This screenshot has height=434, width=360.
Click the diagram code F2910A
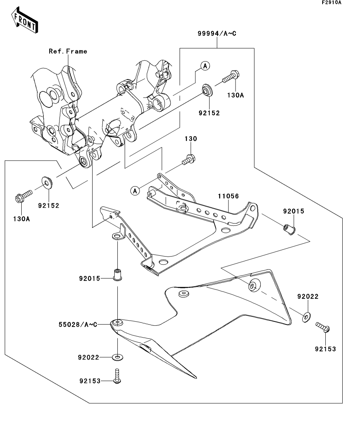[331, 3]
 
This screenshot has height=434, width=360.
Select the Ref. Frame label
[68, 51]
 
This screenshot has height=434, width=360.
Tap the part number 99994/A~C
[217, 34]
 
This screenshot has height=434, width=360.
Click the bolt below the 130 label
[189, 159]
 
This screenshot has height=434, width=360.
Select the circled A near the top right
[205, 66]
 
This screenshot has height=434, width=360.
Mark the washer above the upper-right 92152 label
[207, 90]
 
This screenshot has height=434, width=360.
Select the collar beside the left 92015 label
[117, 274]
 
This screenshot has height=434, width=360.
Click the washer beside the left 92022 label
[117, 357]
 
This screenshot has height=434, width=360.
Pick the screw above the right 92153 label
[323, 327]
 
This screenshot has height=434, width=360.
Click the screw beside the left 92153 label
[117, 376]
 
